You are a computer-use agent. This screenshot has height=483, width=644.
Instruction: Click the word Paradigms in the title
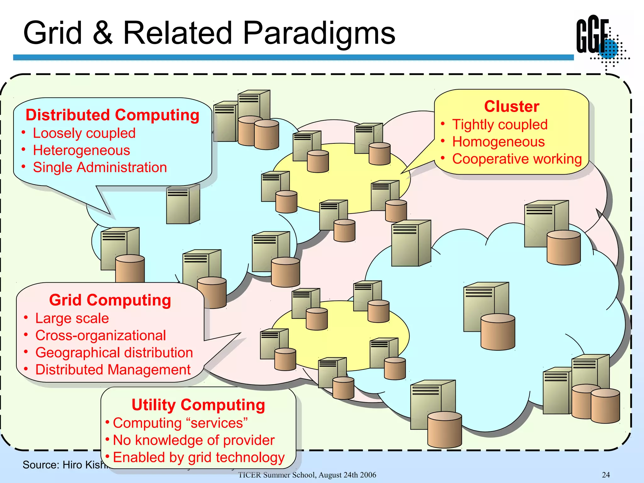coord(319,33)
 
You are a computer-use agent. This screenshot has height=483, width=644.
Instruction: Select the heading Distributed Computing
coord(112,115)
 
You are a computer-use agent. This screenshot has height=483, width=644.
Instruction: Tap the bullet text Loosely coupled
coord(84,133)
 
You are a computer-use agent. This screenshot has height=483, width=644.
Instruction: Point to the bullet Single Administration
coord(100,167)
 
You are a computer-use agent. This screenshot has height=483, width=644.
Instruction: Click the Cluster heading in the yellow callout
coord(512,106)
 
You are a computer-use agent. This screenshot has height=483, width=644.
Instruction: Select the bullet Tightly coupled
coord(500,125)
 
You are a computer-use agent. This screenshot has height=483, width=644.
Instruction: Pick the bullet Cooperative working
coord(517,159)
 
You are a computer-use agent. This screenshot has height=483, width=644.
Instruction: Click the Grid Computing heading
coord(110,300)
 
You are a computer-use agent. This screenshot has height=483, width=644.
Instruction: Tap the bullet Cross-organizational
coord(100,336)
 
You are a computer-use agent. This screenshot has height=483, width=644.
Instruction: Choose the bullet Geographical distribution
coord(114,353)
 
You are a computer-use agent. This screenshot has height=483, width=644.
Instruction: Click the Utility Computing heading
coord(198,405)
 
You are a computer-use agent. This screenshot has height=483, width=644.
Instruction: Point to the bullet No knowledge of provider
coord(193,440)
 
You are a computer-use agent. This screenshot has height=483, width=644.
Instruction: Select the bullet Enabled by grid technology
coord(198,457)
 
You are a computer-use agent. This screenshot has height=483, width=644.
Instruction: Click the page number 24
coord(606,475)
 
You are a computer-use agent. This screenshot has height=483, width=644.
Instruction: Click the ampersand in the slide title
coord(103,33)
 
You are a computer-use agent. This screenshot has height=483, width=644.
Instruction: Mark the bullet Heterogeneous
coord(81,150)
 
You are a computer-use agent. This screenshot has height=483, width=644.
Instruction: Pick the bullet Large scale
coord(72,318)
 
